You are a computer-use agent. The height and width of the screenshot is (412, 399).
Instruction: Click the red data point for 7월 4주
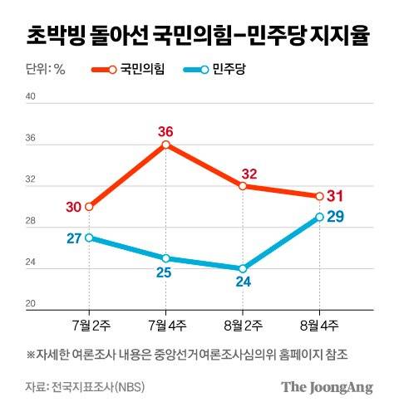click(166, 145)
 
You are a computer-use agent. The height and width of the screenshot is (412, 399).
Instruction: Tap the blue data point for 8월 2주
click(243, 268)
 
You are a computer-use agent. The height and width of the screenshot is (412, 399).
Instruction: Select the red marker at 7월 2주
click(89, 206)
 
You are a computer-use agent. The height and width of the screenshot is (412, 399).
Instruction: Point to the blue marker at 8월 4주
click(319, 217)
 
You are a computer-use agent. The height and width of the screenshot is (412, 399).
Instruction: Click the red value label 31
click(337, 196)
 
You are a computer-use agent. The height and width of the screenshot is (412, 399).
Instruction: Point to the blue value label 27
click(72, 238)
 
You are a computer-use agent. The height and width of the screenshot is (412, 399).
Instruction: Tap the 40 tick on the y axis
click(30, 97)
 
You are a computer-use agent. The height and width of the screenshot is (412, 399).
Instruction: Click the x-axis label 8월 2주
click(243, 322)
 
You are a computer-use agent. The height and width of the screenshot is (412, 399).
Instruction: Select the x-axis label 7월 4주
click(166, 322)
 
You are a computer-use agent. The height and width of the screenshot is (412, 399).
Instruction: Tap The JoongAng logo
click(327, 387)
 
